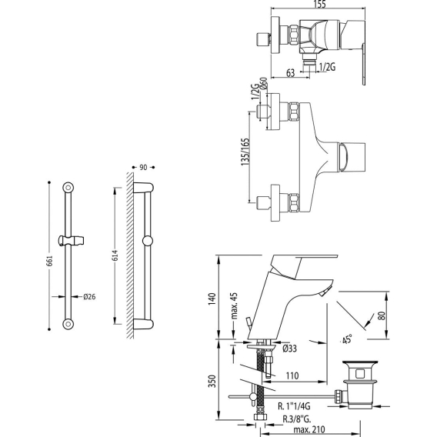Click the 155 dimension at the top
[x=319, y=4]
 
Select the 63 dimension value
[x=290, y=73]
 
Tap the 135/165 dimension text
[x=245, y=152]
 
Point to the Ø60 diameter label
[x=263, y=83]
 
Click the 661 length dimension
[x=49, y=261]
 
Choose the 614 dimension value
[x=115, y=255]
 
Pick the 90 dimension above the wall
[x=143, y=168]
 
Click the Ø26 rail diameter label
[x=89, y=296]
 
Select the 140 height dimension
[x=212, y=299]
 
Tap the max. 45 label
[x=234, y=305]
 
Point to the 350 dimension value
[x=212, y=381]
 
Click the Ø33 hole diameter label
[x=289, y=349]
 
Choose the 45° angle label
[x=347, y=340]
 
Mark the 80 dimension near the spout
[x=382, y=315]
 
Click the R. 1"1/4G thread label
[x=294, y=406]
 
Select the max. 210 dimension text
[x=309, y=429]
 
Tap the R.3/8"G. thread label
[x=297, y=419]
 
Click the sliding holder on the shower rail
[x=71, y=241]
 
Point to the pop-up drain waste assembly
[x=359, y=385]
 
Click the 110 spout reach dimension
[x=292, y=375]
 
